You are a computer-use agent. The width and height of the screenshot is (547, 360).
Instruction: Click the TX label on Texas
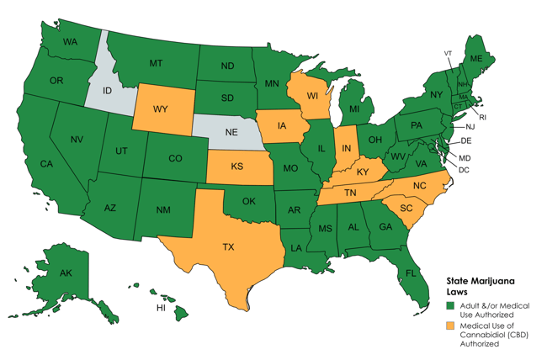228,247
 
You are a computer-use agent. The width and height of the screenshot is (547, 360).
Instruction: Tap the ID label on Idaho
108,90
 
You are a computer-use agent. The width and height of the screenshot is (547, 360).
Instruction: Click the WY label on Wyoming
160,109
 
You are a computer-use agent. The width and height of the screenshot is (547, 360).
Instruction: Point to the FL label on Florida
412,273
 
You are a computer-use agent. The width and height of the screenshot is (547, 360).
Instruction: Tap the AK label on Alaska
65,273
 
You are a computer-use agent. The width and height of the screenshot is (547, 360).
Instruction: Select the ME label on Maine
475,58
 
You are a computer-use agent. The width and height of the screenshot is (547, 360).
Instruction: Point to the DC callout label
464,169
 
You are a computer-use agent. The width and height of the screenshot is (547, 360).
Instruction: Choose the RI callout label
483,117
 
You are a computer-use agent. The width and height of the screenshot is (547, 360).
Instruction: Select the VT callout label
449,53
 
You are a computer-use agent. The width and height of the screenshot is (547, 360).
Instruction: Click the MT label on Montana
156,63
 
